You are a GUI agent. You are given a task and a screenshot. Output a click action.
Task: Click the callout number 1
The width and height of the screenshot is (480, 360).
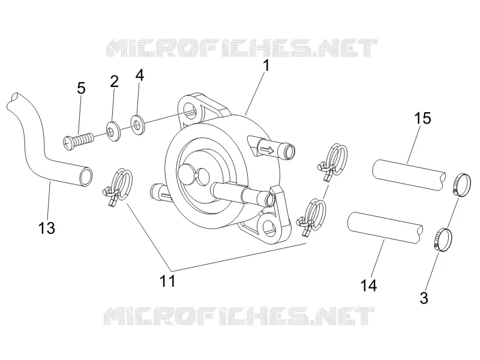click(x=266, y=65)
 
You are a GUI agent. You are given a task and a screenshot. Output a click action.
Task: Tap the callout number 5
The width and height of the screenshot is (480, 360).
click(x=81, y=88)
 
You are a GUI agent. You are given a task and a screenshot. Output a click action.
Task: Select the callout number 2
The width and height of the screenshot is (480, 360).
click(x=114, y=82)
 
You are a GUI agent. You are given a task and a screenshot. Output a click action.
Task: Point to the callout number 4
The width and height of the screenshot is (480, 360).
click(x=140, y=75)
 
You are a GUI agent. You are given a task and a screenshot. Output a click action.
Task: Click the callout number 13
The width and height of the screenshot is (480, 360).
click(x=47, y=228)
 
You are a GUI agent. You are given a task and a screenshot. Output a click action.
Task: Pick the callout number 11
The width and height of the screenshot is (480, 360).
click(x=168, y=281)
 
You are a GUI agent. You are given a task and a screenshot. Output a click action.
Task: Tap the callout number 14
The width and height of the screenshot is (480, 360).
click(x=369, y=286)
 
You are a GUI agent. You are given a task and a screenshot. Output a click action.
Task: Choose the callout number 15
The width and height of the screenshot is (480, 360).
click(x=423, y=118)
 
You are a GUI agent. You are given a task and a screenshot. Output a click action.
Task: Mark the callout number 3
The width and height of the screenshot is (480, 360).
click(x=424, y=298)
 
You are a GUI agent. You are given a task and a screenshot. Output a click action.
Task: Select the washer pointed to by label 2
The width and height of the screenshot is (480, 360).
click(x=113, y=131)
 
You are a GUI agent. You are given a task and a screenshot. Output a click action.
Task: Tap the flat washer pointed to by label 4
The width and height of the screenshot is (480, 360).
click(x=137, y=125)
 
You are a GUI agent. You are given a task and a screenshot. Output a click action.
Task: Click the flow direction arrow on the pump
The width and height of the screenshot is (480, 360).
click(x=266, y=150)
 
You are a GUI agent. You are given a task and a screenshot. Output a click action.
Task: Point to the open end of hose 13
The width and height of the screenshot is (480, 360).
click(x=86, y=176)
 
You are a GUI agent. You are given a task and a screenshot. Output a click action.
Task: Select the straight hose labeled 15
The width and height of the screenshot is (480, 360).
click(x=409, y=175)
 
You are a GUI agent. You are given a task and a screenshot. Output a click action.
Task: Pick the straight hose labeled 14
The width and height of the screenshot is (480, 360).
click(x=385, y=228)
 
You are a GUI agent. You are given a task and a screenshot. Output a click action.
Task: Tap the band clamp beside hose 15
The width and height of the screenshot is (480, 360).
click(x=461, y=185)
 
